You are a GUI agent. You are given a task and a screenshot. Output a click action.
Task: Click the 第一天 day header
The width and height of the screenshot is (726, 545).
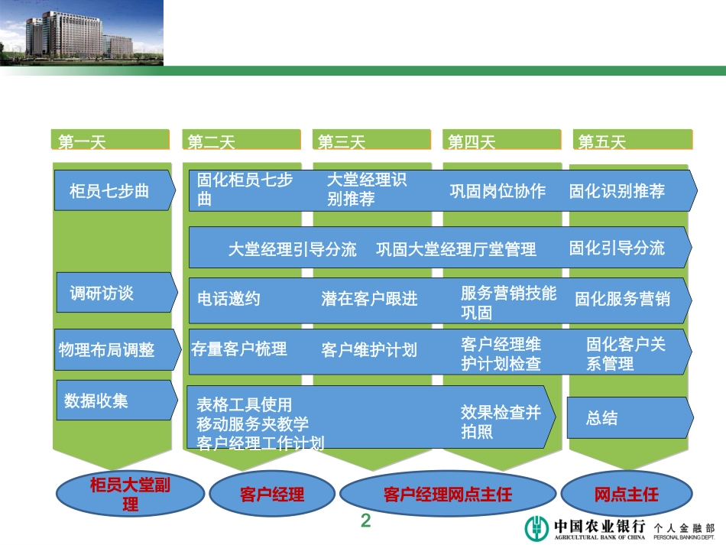110,141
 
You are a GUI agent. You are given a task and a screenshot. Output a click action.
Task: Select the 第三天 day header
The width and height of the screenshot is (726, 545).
371,141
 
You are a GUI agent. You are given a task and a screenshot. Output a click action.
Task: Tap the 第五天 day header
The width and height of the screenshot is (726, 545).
632,141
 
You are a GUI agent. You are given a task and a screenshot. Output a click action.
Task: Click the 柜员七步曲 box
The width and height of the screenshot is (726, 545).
110,191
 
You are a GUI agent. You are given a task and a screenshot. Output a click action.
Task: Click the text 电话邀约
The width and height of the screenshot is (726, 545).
229,299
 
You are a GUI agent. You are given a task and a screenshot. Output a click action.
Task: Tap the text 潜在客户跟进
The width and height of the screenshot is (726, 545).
370,299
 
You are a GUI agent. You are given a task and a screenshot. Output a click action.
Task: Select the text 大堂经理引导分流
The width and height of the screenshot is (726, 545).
293,249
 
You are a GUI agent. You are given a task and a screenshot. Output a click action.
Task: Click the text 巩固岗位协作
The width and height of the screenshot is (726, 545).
498,191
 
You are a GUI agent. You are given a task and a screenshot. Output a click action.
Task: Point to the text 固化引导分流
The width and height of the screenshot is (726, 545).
617,248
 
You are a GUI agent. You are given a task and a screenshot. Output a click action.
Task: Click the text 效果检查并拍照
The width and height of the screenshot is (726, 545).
501,422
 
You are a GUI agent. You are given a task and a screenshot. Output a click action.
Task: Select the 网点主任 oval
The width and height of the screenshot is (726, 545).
627,495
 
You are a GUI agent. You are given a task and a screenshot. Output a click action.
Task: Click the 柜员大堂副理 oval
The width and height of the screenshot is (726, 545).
130,495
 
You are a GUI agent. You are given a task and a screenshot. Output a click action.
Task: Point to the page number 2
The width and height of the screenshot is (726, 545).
365,521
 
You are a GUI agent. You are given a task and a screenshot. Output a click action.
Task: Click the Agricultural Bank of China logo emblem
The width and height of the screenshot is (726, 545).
536,528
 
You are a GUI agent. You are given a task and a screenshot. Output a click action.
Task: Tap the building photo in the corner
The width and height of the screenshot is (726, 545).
82,33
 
